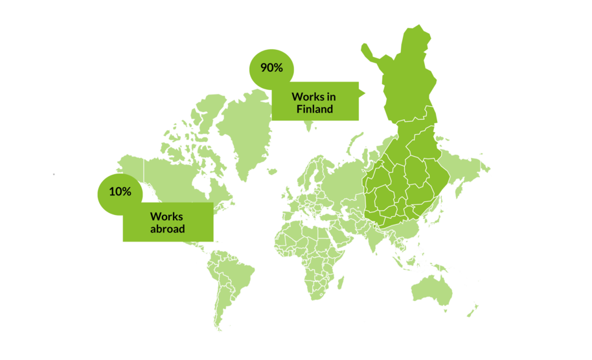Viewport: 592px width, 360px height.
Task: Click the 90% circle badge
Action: point(271,69)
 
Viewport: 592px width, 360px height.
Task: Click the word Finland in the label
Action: point(315,109)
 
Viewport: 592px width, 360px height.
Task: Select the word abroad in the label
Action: point(168,229)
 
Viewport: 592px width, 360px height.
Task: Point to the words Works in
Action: point(313,96)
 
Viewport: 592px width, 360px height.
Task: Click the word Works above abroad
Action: point(166,216)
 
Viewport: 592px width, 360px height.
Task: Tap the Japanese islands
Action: point(461,188)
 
